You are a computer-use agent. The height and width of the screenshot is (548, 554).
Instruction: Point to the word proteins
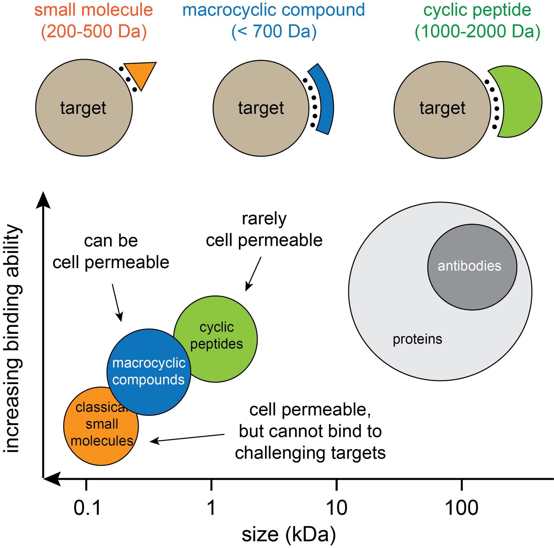(417, 339)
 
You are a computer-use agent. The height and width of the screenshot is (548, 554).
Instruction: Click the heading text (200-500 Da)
(94, 31)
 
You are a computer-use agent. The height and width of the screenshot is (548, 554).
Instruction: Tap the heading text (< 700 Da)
(274, 31)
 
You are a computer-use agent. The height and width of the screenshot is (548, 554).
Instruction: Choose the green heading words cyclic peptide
(477, 10)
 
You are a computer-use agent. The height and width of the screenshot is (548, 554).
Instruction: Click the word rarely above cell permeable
(264, 219)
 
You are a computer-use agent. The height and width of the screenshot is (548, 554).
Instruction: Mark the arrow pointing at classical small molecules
(186, 438)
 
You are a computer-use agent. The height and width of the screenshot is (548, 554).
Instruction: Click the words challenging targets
(310, 453)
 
